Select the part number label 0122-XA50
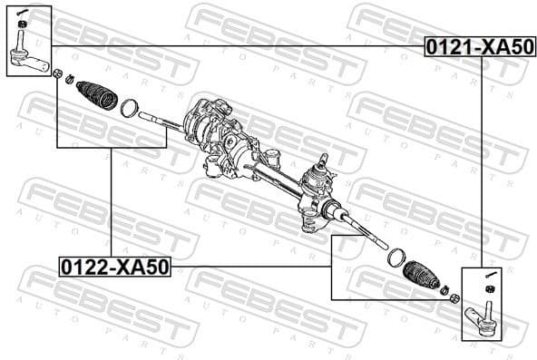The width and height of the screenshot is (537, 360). point(114,267)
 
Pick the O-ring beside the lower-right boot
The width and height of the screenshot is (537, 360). point(396,258)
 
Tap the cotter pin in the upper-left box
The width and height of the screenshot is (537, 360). point(26,12)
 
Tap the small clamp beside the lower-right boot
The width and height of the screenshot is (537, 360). point(444,291)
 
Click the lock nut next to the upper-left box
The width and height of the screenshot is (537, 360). point(57,75)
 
